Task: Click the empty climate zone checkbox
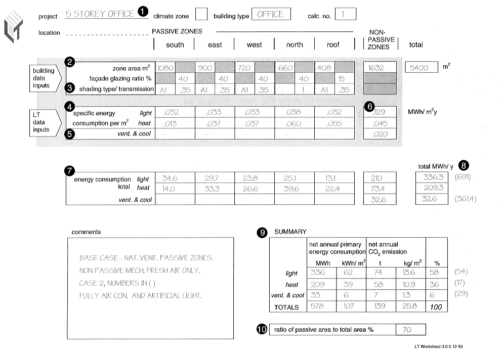[201, 14]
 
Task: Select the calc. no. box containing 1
[345, 14]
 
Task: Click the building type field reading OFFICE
[271, 14]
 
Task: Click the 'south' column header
[175, 45]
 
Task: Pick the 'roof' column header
[333, 45]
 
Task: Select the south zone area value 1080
[165, 68]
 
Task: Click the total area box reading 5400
[421, 67]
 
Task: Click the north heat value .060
[294, 123]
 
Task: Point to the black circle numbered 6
[370, 107]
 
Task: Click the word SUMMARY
[290, 232]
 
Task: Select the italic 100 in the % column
[436, 307]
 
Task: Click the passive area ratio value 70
[407, 330]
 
